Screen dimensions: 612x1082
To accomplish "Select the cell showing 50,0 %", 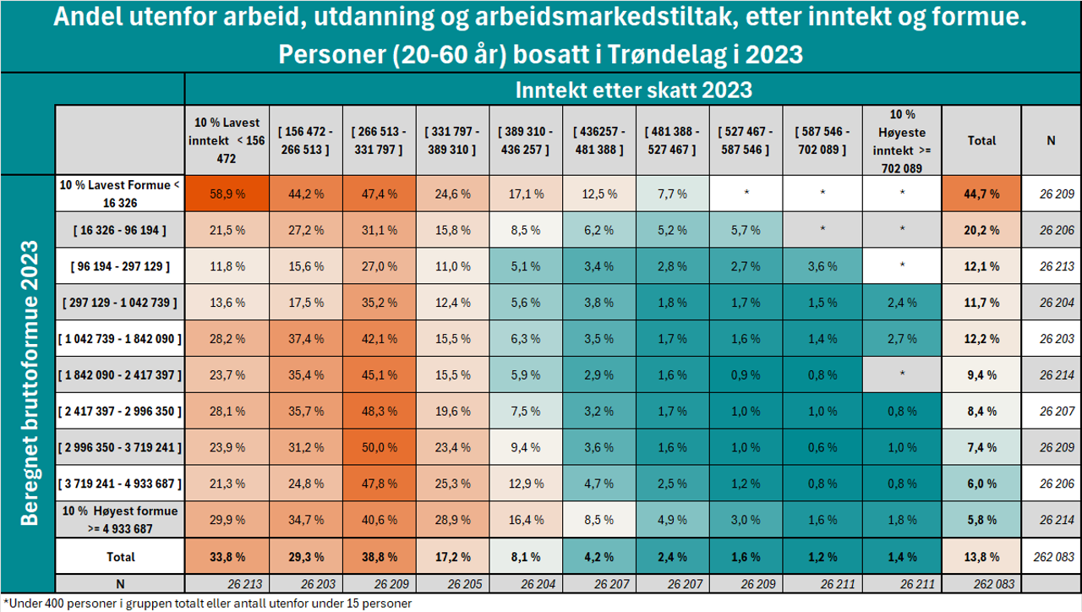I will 380,447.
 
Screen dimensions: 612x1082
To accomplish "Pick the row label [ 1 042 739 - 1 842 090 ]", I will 119,339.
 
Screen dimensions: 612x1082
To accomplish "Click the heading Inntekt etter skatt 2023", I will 633,89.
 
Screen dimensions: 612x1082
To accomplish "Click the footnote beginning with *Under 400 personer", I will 206,604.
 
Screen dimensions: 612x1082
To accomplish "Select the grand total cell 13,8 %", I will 981,557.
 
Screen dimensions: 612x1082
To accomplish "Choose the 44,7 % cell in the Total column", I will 981,194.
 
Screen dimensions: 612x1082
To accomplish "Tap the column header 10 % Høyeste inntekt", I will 903,140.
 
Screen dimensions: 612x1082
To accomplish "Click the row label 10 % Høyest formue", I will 119,519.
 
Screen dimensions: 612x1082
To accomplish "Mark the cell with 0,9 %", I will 746,374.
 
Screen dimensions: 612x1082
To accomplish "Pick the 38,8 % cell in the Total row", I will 380,557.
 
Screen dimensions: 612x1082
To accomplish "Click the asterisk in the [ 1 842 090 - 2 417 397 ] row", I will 903,374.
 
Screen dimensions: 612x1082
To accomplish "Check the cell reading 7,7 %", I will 673,194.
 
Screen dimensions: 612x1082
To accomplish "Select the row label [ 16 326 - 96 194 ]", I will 119,230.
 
